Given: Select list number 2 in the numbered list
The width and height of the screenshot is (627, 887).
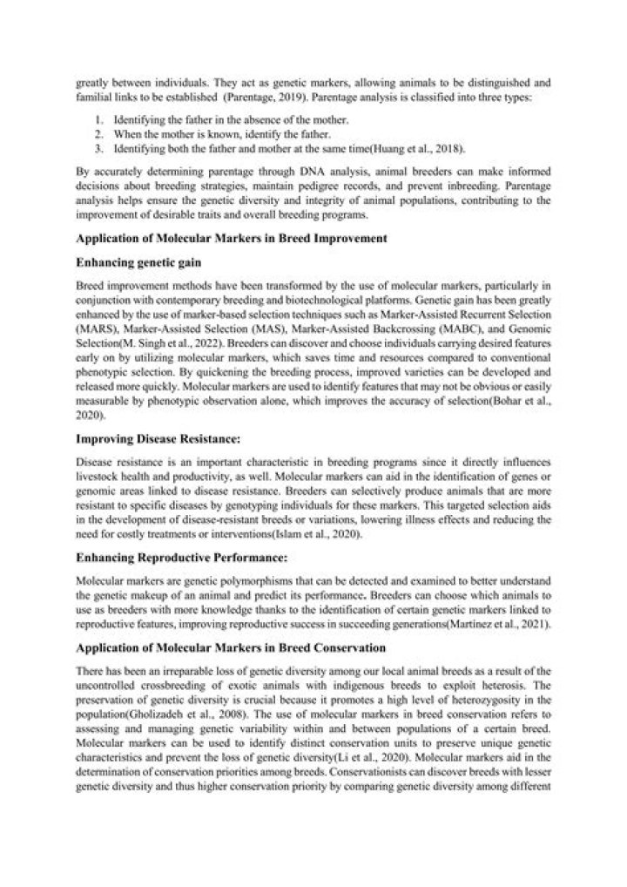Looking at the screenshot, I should (x=100, y=133).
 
